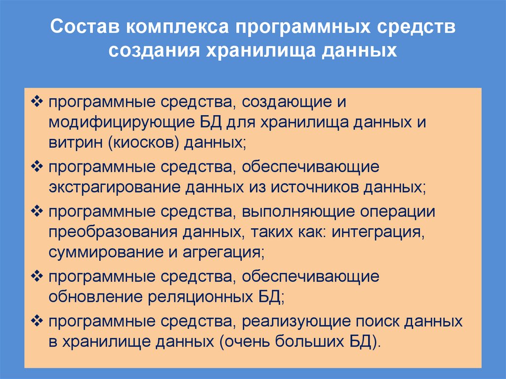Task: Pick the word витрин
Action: (x=73, y=143)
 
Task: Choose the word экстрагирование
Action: (x=115, y=187)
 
